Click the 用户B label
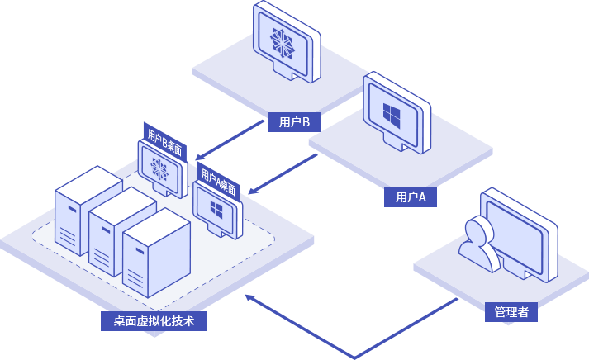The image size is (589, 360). pyautogui.click(x=294, y=123)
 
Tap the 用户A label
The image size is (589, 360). pyautogui.click(x=411, y=197)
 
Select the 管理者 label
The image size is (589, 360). pyautogui.click(x=511, y=312)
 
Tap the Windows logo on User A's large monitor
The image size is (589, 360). pyautogui.click(x=393, y=112)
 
